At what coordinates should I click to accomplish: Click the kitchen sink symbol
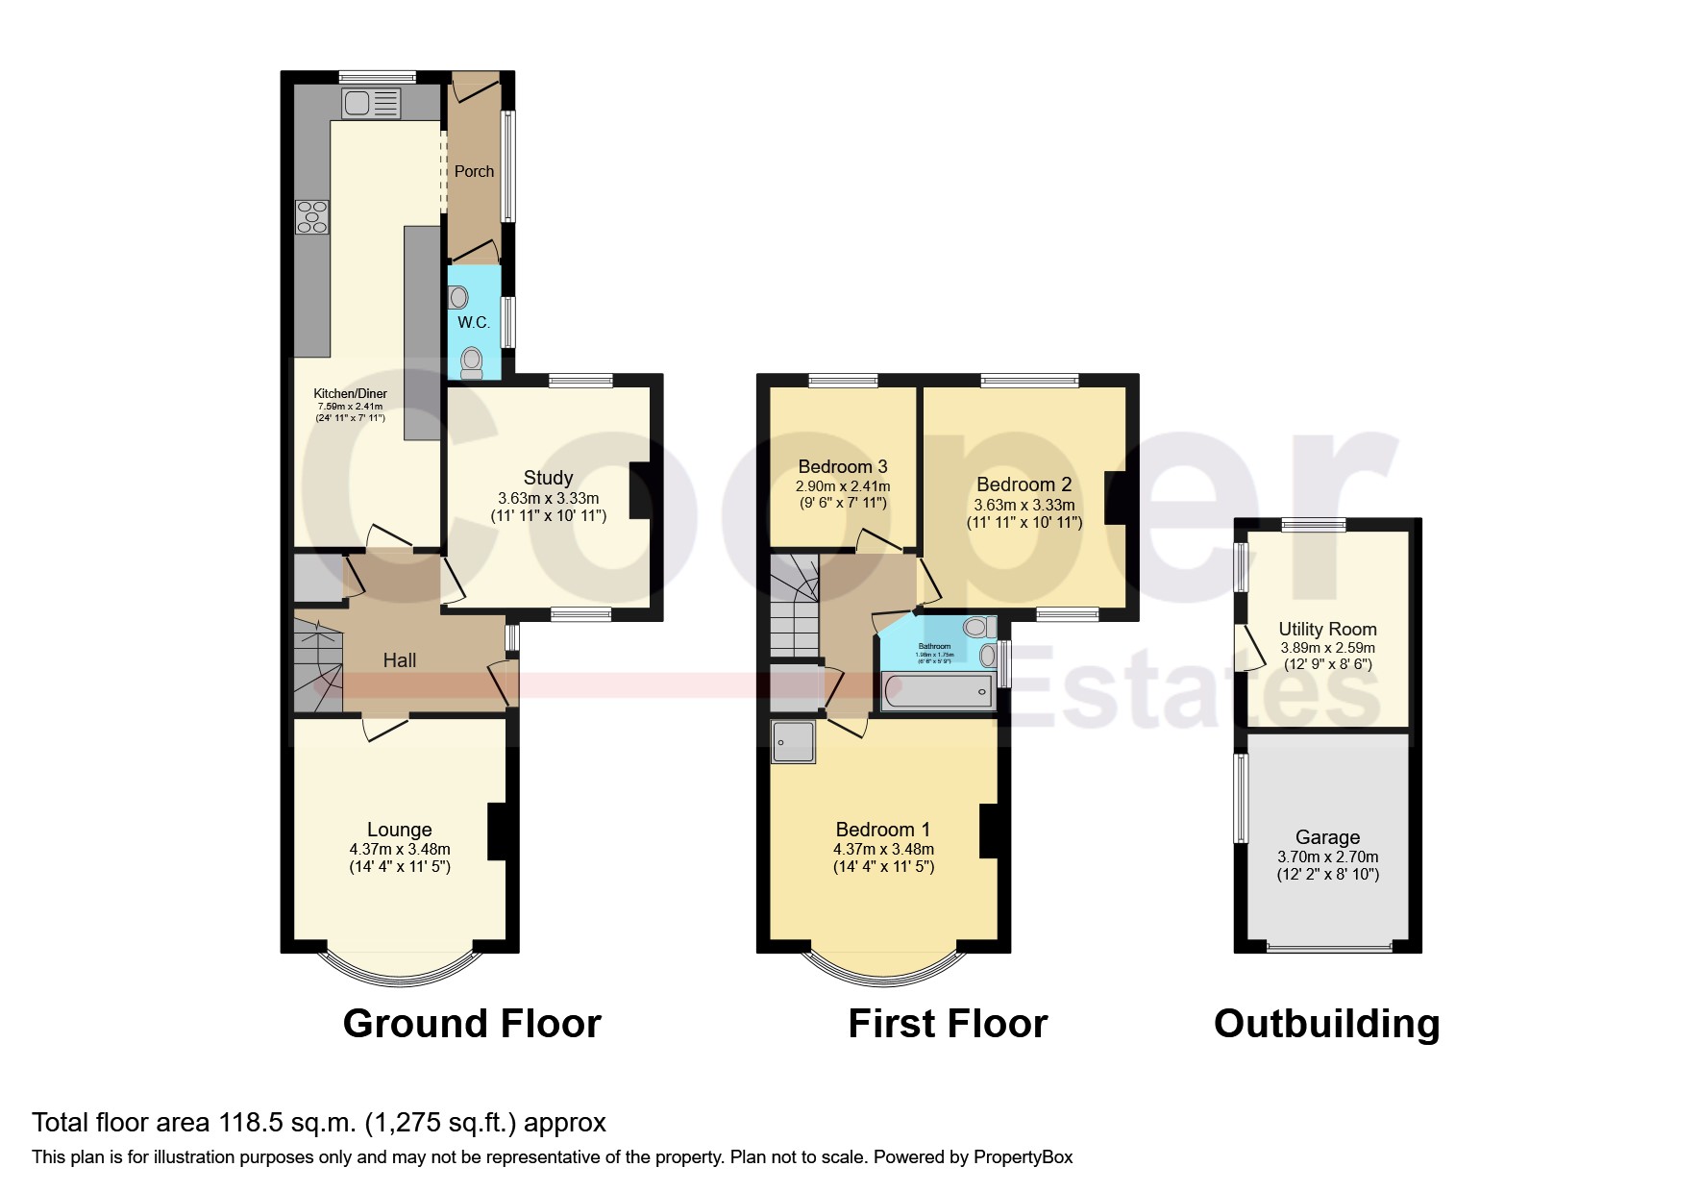click(370, 102)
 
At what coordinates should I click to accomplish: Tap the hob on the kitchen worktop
click(312, 216)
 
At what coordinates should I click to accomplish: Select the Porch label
click(474, 171)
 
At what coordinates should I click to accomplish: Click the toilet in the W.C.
click(471, 362)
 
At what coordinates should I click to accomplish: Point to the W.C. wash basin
click(459, 296)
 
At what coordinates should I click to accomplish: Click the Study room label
click(548, 478)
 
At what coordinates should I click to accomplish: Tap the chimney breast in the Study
click(640, 492)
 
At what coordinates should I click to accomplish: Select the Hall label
click(399, 660)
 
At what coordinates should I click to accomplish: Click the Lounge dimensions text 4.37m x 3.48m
click(400, 850)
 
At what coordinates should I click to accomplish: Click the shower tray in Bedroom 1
click(794, 742)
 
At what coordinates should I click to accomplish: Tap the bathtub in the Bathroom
click(937, 689)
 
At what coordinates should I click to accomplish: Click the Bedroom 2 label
click(1024, 484)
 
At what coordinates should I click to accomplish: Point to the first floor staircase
click(794, 606)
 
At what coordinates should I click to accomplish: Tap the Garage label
click(1327, 837)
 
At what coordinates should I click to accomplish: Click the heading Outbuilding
click(1326, 1024)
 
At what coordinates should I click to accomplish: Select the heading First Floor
click(947, 1024)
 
